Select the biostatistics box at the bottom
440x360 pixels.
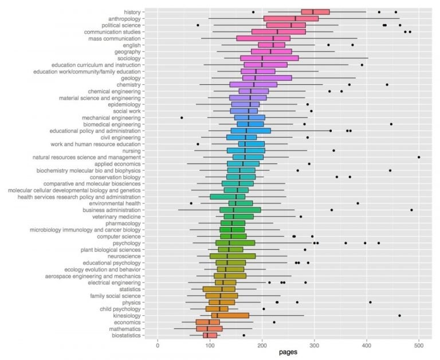pos(210,335)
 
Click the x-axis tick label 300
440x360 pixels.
pos(315,345)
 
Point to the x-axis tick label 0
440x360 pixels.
pos(158,345)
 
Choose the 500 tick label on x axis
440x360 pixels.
pos(419,345)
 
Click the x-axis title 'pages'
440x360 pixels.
pos(288,353)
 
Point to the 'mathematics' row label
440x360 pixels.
pos(125,328)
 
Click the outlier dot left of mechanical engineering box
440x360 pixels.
pos(182,118)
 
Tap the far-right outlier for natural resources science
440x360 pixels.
pos(419,156)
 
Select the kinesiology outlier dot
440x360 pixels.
pos(399,315)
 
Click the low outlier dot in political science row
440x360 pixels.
pos(198,25)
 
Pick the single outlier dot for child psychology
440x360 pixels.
pos(264,309)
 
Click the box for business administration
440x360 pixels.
pos(239,210)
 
